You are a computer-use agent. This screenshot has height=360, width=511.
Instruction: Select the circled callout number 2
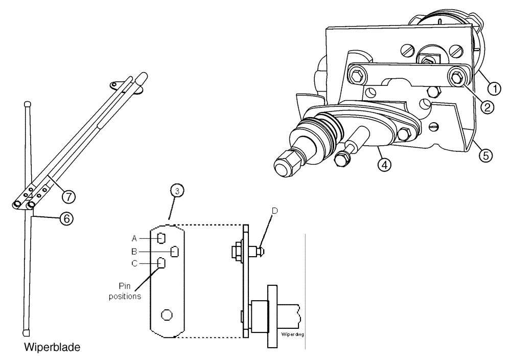(x=487, y=107)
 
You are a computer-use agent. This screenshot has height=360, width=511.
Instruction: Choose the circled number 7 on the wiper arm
(x=67, y=195)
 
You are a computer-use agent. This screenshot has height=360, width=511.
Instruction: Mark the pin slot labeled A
(x=160, y=238)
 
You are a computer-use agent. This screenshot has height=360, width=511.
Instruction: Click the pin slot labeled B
(x=174, y=251)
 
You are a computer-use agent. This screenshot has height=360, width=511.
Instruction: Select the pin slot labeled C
(x=160, y=263)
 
